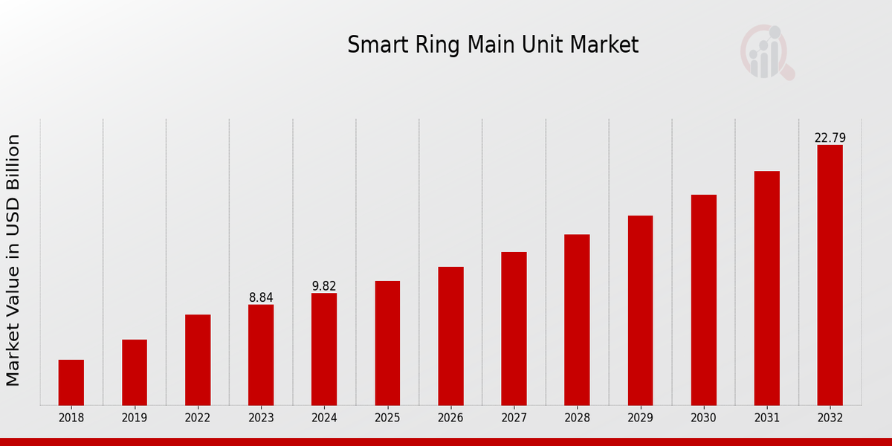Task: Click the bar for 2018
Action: pos(71,382)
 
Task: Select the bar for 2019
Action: pos(135,372)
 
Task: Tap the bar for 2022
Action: pos(198,360)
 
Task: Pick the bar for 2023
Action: pos(261,355)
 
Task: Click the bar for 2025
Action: pos(387,343)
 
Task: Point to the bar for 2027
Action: pos(514,329)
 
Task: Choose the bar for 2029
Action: pos(640,310)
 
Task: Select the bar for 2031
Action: pos(766,288)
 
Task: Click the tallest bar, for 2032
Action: pos(830,275)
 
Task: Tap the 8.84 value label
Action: pos(261,297)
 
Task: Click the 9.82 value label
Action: pos(324,286)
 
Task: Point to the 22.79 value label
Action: pos(830,138)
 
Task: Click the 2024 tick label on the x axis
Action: pos(324,418)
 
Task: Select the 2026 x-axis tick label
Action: pos(450,418)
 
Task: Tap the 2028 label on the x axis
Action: pos(577,418)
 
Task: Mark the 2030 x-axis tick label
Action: pos(703,418)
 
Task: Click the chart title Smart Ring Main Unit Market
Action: pos(493,45)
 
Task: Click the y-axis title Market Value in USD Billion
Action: pos(13,260)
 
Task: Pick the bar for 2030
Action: pos(703,300)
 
